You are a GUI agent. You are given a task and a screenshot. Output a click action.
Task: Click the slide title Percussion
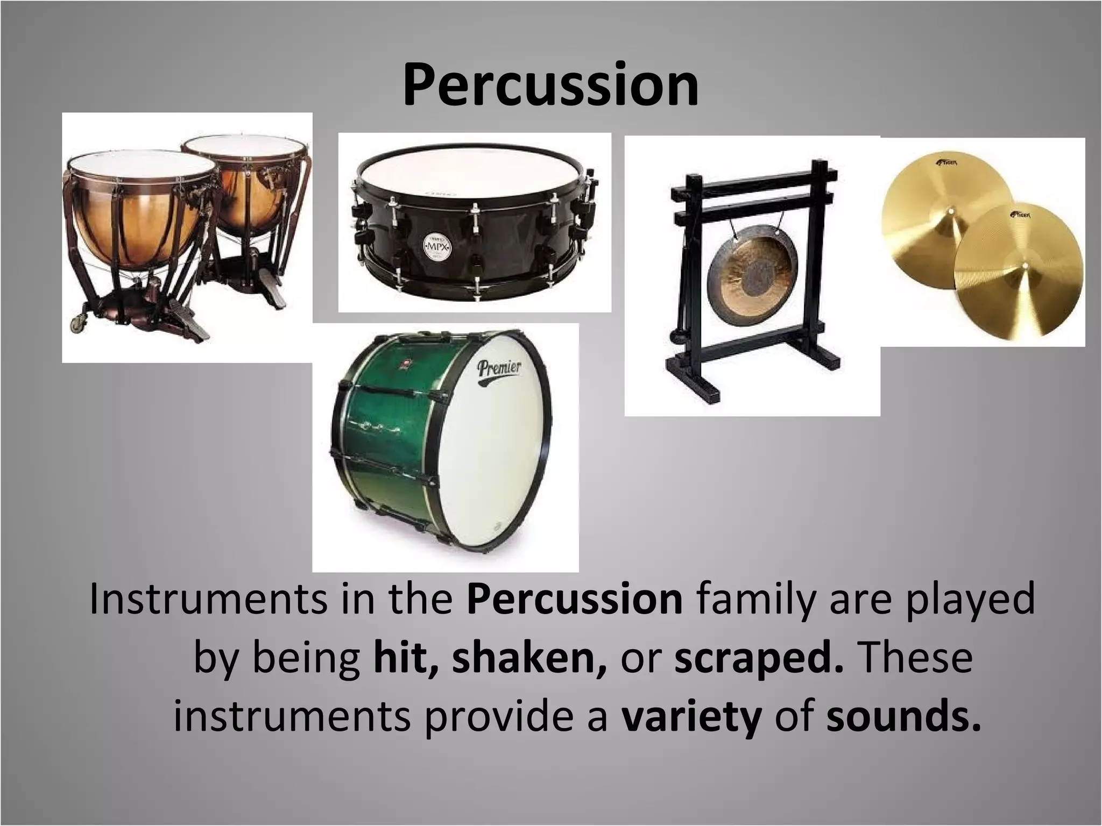pos(550,85)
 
